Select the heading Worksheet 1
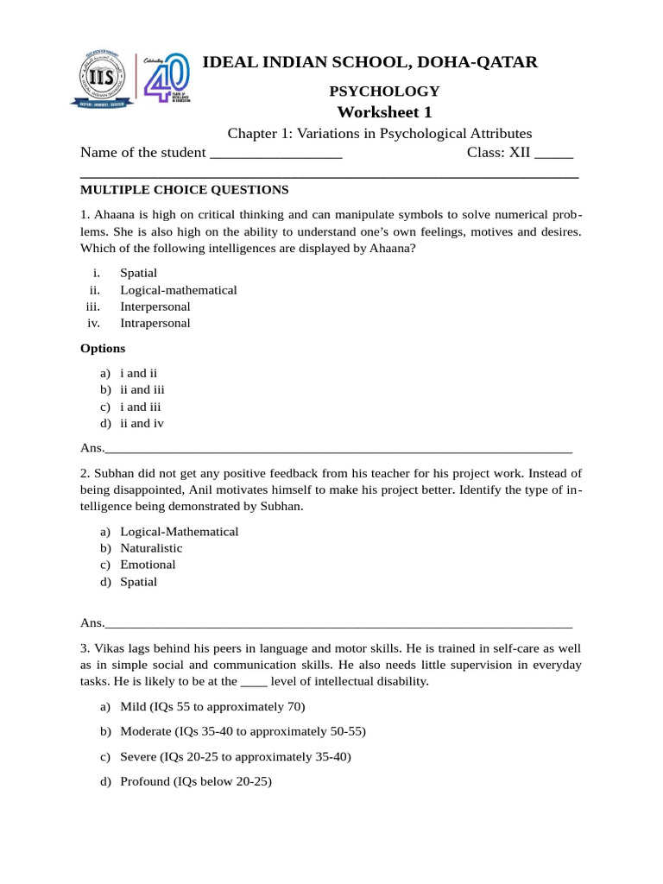(384, 112)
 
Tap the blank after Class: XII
(553, 155)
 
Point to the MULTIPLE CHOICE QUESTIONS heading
(184, 190)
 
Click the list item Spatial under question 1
(138, 273)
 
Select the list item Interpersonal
(155, 306)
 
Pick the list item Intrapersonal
(155, 323)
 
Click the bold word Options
(103, 348)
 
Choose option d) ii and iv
(142, 423)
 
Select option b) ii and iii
(142, 389)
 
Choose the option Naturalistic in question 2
(151, 548)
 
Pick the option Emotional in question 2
(148, 565)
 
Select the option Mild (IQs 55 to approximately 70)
(212, 707)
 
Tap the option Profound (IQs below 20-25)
(196, 782)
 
